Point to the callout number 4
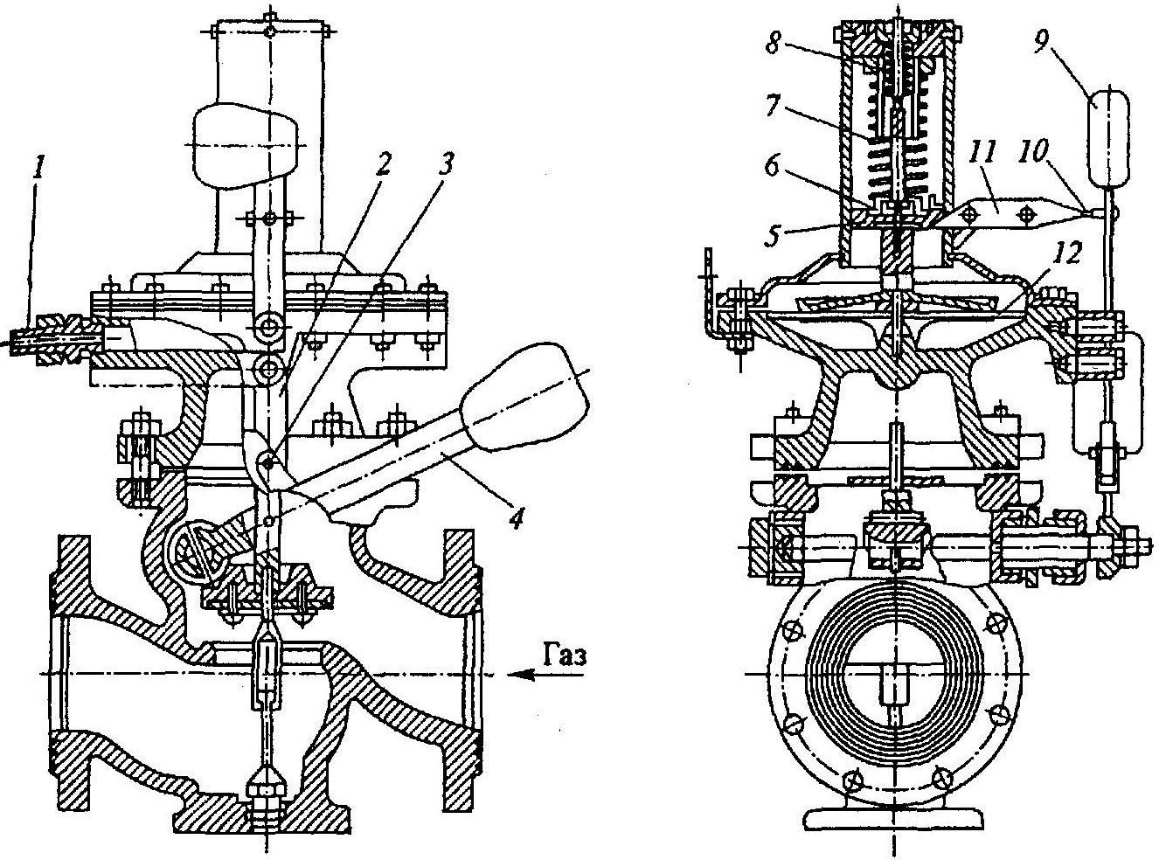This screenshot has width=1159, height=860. (x=516, y=517)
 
